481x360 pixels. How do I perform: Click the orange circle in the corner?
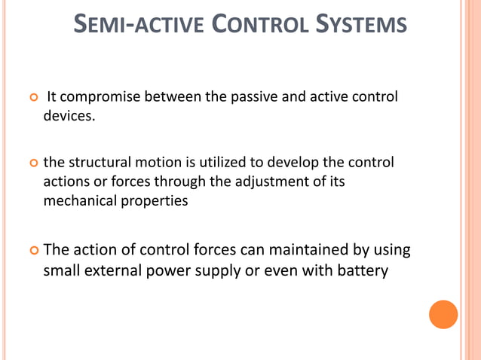(443, 314)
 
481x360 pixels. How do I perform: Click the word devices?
(70, 117)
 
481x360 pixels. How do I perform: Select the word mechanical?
(80, 201)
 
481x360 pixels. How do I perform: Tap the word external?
(111, 270)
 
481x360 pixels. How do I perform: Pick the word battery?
(361, 270)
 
